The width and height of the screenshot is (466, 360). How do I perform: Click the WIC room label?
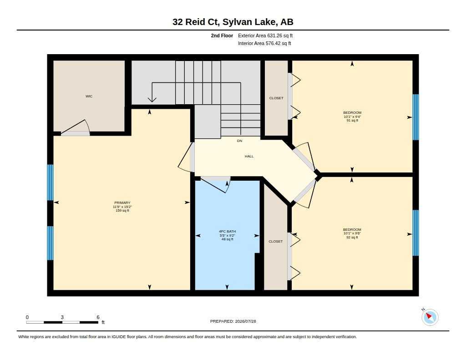(89, 96)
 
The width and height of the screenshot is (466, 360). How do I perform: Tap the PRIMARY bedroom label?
(122, 203)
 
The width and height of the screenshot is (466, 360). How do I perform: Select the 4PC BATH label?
(228, 231)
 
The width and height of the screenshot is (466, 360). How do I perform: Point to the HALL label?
(249, 156)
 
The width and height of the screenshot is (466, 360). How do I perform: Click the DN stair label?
(239, 141)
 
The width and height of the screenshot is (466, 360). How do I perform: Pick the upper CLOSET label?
(276, 98)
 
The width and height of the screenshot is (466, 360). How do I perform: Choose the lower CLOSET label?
(275, 241)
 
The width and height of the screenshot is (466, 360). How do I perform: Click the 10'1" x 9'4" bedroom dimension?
(352, 117)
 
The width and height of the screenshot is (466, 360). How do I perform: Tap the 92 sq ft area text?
(352, 237)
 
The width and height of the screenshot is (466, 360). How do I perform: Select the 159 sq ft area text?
(122, 210)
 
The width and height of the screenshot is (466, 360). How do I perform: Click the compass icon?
(430, 317)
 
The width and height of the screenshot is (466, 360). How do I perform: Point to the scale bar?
(62, 322)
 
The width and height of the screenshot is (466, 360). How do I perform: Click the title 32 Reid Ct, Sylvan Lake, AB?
(233, 22)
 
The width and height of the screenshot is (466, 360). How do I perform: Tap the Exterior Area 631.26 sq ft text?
(265, 35)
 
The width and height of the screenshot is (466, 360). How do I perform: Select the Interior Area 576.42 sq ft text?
(264, 43)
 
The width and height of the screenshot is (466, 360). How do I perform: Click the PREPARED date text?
(233, 321)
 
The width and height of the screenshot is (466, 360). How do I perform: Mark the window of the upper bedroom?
(415, 117)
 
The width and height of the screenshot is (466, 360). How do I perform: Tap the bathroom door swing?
(215, 185)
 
